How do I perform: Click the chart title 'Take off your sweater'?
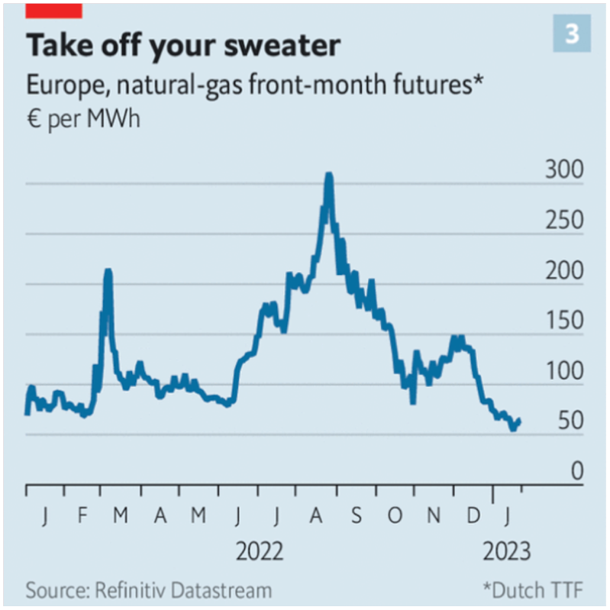pos(182,47)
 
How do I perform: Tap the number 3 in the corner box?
pos(571,35)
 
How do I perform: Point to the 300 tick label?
pos(563,170)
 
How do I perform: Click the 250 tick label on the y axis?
pos(563,221)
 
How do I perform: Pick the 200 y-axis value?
pos(563,271)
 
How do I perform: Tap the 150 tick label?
pos(563,321)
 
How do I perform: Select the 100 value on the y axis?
pos(563,372)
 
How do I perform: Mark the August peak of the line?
pos(328,176)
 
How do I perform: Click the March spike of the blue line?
pos(108,271)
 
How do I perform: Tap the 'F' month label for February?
pos(82,517)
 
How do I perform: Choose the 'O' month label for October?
pos(394,517)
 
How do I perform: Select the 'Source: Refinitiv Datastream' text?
pos(149,590)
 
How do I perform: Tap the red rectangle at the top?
pos(53,9)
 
